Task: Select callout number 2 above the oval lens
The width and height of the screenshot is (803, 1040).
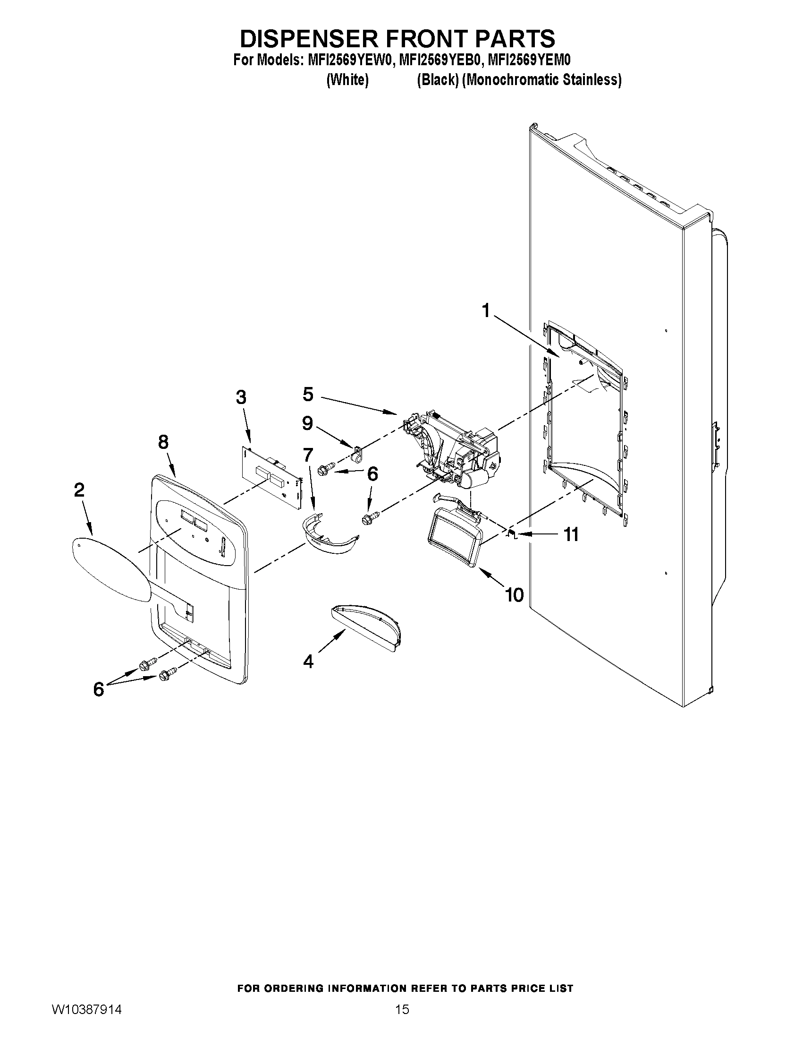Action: coord(79,490)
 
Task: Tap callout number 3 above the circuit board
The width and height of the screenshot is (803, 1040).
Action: coord(241,396)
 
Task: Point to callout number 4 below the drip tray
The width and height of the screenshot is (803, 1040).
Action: coord(308,661)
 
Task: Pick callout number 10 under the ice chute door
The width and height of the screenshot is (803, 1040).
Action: coord(514,594)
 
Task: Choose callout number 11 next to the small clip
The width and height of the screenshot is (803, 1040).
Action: coord(571,534)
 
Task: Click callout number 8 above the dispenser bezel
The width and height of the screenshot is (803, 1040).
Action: coord(163,442)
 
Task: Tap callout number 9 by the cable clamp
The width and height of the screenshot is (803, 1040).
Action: coord(308,423)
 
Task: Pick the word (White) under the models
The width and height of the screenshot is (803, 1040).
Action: coord(347,79)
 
